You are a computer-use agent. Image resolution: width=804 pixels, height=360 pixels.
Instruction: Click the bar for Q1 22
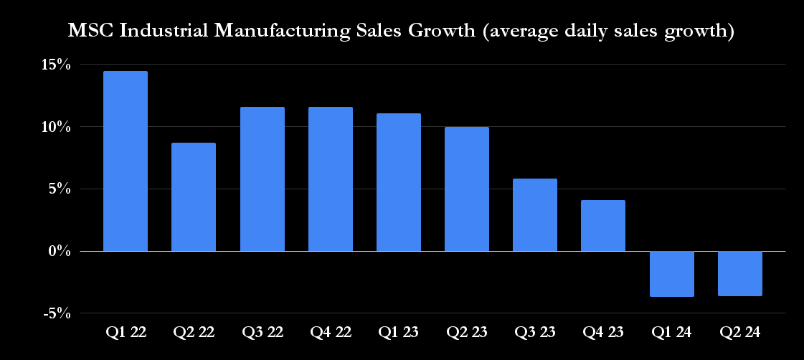point(126,161)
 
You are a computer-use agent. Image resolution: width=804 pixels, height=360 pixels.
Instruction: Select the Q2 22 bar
point(194,197)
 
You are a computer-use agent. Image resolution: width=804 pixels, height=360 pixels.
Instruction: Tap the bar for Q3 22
point(262,179)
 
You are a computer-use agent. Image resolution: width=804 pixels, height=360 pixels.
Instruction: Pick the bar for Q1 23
point(399,182)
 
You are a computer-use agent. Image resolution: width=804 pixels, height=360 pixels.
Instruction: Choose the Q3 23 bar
point(535,215)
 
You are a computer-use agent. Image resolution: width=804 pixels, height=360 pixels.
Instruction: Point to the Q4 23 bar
point(603,226)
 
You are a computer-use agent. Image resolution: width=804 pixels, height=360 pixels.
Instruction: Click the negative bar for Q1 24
point(672,273)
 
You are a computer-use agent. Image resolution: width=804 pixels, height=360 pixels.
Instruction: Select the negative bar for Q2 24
point(740,273)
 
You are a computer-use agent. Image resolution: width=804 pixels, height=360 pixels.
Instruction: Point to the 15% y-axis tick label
point(55,65)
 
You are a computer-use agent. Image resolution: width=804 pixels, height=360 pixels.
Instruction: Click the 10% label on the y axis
point(55,127)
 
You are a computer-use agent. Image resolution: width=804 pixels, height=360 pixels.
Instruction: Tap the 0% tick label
point(59,252)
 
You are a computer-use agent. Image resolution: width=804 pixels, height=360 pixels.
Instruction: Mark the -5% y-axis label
point(55,313)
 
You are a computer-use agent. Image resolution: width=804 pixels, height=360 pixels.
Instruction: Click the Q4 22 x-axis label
point(330,333)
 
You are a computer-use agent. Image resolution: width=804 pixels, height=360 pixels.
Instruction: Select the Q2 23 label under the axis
point(467,333)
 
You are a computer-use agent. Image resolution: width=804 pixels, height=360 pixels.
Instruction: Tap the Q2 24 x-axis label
point(740,333)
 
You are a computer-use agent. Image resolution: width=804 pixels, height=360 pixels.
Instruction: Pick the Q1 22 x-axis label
point(126,333)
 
